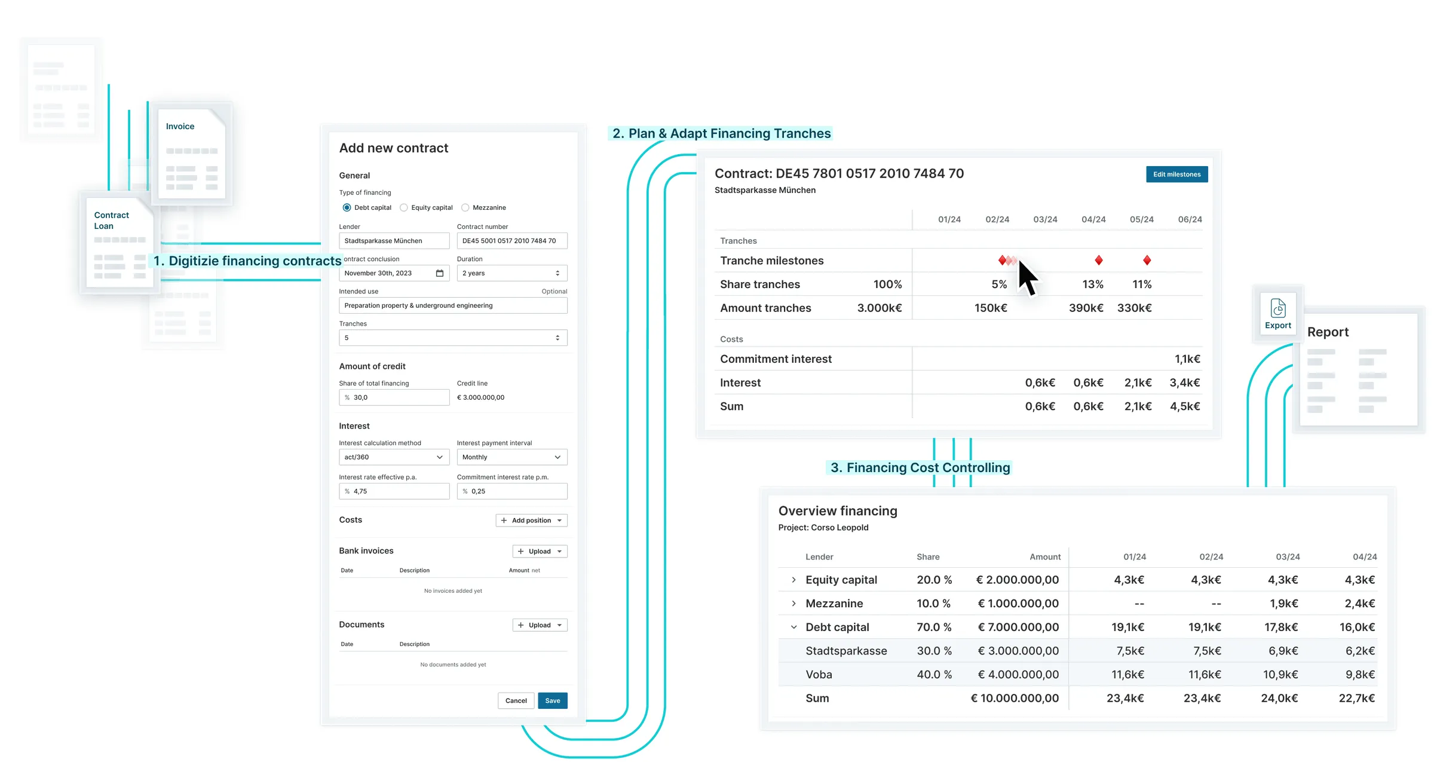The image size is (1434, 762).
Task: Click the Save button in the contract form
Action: (553, 700)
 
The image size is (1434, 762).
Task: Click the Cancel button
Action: (516, 700)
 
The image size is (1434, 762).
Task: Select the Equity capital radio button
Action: (404, 207)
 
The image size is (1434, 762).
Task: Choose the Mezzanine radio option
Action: (465, 207)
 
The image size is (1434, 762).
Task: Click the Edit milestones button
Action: (1176, 174)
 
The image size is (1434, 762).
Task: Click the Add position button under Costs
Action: (531, 520)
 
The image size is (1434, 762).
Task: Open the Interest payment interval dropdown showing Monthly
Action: (512, 457)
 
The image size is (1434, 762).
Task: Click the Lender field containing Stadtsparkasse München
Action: (394, 241)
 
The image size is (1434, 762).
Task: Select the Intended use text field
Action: (453, 305)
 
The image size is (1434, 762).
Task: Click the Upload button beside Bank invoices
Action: (540, 551)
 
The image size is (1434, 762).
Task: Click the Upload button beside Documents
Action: (540, 625)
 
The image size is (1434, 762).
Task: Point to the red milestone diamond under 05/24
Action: (1147, 260)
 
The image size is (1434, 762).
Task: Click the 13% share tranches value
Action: (1093, 284)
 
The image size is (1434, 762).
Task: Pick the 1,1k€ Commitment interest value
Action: (1187, 359)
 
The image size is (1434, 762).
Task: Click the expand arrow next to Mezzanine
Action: (793, 604)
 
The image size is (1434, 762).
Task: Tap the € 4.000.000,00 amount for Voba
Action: (1018, 675)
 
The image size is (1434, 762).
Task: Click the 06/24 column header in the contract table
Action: (1190, 219)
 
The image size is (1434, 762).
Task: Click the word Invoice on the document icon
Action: (180, 126)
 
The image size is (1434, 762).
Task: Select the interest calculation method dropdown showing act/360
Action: (394, 457)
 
